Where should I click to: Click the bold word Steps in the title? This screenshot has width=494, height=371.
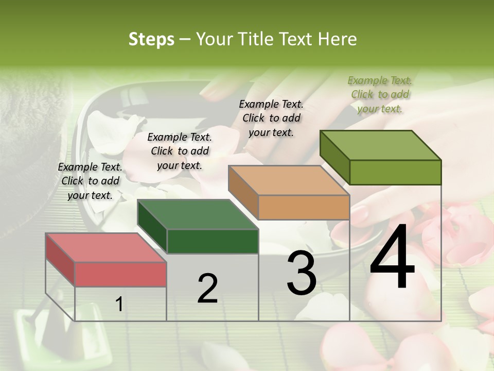(151, 39)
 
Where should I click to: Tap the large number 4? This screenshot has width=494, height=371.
(392, 258)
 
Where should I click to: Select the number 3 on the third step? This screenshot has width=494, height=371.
(301, 273)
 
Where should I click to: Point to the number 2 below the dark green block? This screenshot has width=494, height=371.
(207, 289)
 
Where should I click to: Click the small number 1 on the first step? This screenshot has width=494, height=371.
(119, 305)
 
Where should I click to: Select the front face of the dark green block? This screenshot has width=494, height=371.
(213, 241)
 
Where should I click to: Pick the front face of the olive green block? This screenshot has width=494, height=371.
(395, 172)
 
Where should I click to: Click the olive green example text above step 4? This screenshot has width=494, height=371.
(380, 94)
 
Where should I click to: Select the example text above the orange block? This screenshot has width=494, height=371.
(271, 118)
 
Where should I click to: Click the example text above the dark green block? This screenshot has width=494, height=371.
(180, 151)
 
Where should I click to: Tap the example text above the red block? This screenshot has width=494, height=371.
(90, 181)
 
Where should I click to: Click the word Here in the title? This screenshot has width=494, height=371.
(338, 39)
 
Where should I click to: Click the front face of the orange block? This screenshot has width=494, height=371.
(304, 208)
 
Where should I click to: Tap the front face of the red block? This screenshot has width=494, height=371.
(120, 274)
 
